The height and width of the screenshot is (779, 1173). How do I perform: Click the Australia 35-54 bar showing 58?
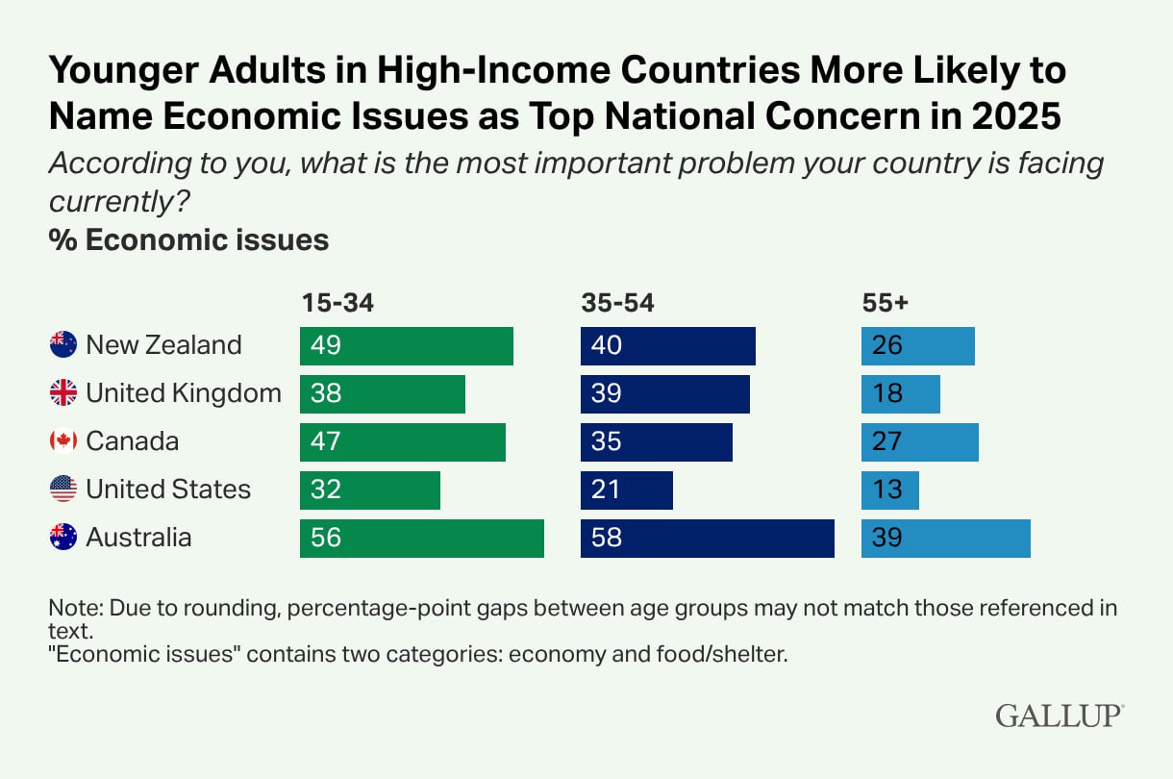707,538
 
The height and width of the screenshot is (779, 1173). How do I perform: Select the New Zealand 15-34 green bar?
406,345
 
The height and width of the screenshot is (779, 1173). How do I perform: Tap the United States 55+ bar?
889,490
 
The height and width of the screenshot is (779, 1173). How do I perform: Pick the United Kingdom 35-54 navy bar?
664,393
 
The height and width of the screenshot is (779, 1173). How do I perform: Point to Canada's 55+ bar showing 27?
919,441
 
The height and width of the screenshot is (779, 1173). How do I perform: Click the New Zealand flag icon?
63,344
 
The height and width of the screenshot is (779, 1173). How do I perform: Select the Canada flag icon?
63,440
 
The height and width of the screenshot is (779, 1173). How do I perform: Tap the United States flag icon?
63,489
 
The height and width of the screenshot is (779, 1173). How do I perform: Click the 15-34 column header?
337,303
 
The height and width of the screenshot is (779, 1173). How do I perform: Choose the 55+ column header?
885,303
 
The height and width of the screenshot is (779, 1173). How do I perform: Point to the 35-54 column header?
617,303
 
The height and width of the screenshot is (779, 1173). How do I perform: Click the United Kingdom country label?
184,392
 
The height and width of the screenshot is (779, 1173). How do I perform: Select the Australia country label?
138,537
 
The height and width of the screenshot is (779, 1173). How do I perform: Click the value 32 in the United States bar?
326,490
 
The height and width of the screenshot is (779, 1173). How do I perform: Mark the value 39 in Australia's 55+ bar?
887,538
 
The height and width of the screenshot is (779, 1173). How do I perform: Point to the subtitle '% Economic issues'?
188,239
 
